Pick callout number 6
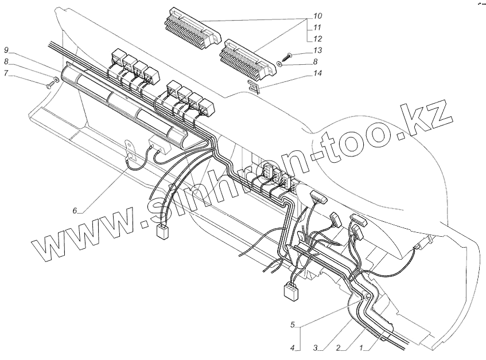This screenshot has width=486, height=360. [75, 210]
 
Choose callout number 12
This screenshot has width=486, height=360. [318, 38]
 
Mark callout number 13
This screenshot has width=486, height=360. [318, 51]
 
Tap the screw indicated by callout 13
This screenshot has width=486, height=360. [288, 56]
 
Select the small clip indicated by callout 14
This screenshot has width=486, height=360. [254, 86]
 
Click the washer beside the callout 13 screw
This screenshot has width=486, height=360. [278, 64]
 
